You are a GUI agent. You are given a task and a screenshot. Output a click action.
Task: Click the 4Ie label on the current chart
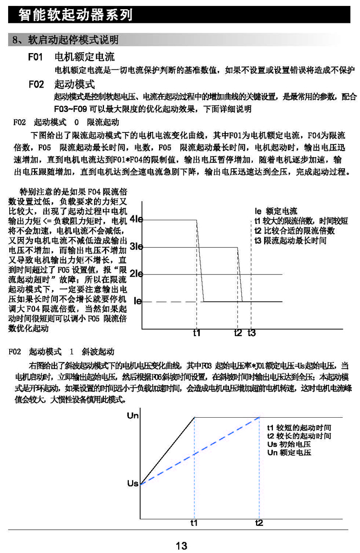pos(136,220)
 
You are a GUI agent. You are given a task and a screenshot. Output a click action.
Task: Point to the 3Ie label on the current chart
pos(136,247)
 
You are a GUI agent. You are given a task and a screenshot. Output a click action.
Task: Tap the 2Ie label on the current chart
pos(136,274)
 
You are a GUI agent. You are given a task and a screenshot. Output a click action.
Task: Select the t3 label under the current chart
pos(252,333)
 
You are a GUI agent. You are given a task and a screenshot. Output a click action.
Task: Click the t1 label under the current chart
pos(197,333)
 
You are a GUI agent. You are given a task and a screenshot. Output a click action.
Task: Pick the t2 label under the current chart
pos(238,333)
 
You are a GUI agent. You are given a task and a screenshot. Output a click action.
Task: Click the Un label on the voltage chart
pos(133,416)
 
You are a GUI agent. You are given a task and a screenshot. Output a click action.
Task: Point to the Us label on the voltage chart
pos(133,483)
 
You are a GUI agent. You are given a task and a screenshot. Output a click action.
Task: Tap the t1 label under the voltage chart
pos(194,523)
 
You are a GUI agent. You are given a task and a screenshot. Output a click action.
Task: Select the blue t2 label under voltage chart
pos(259,523)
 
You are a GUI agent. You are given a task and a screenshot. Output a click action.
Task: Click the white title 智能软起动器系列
pos(75,15)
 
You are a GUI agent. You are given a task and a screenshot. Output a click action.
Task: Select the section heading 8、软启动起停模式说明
pos(66,41)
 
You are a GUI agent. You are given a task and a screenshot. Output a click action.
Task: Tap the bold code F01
pos(36,57)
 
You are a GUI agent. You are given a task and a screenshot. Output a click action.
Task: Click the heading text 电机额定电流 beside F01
pos(84,57)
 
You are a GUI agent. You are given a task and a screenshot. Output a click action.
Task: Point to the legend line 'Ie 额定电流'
pos(276,212)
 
